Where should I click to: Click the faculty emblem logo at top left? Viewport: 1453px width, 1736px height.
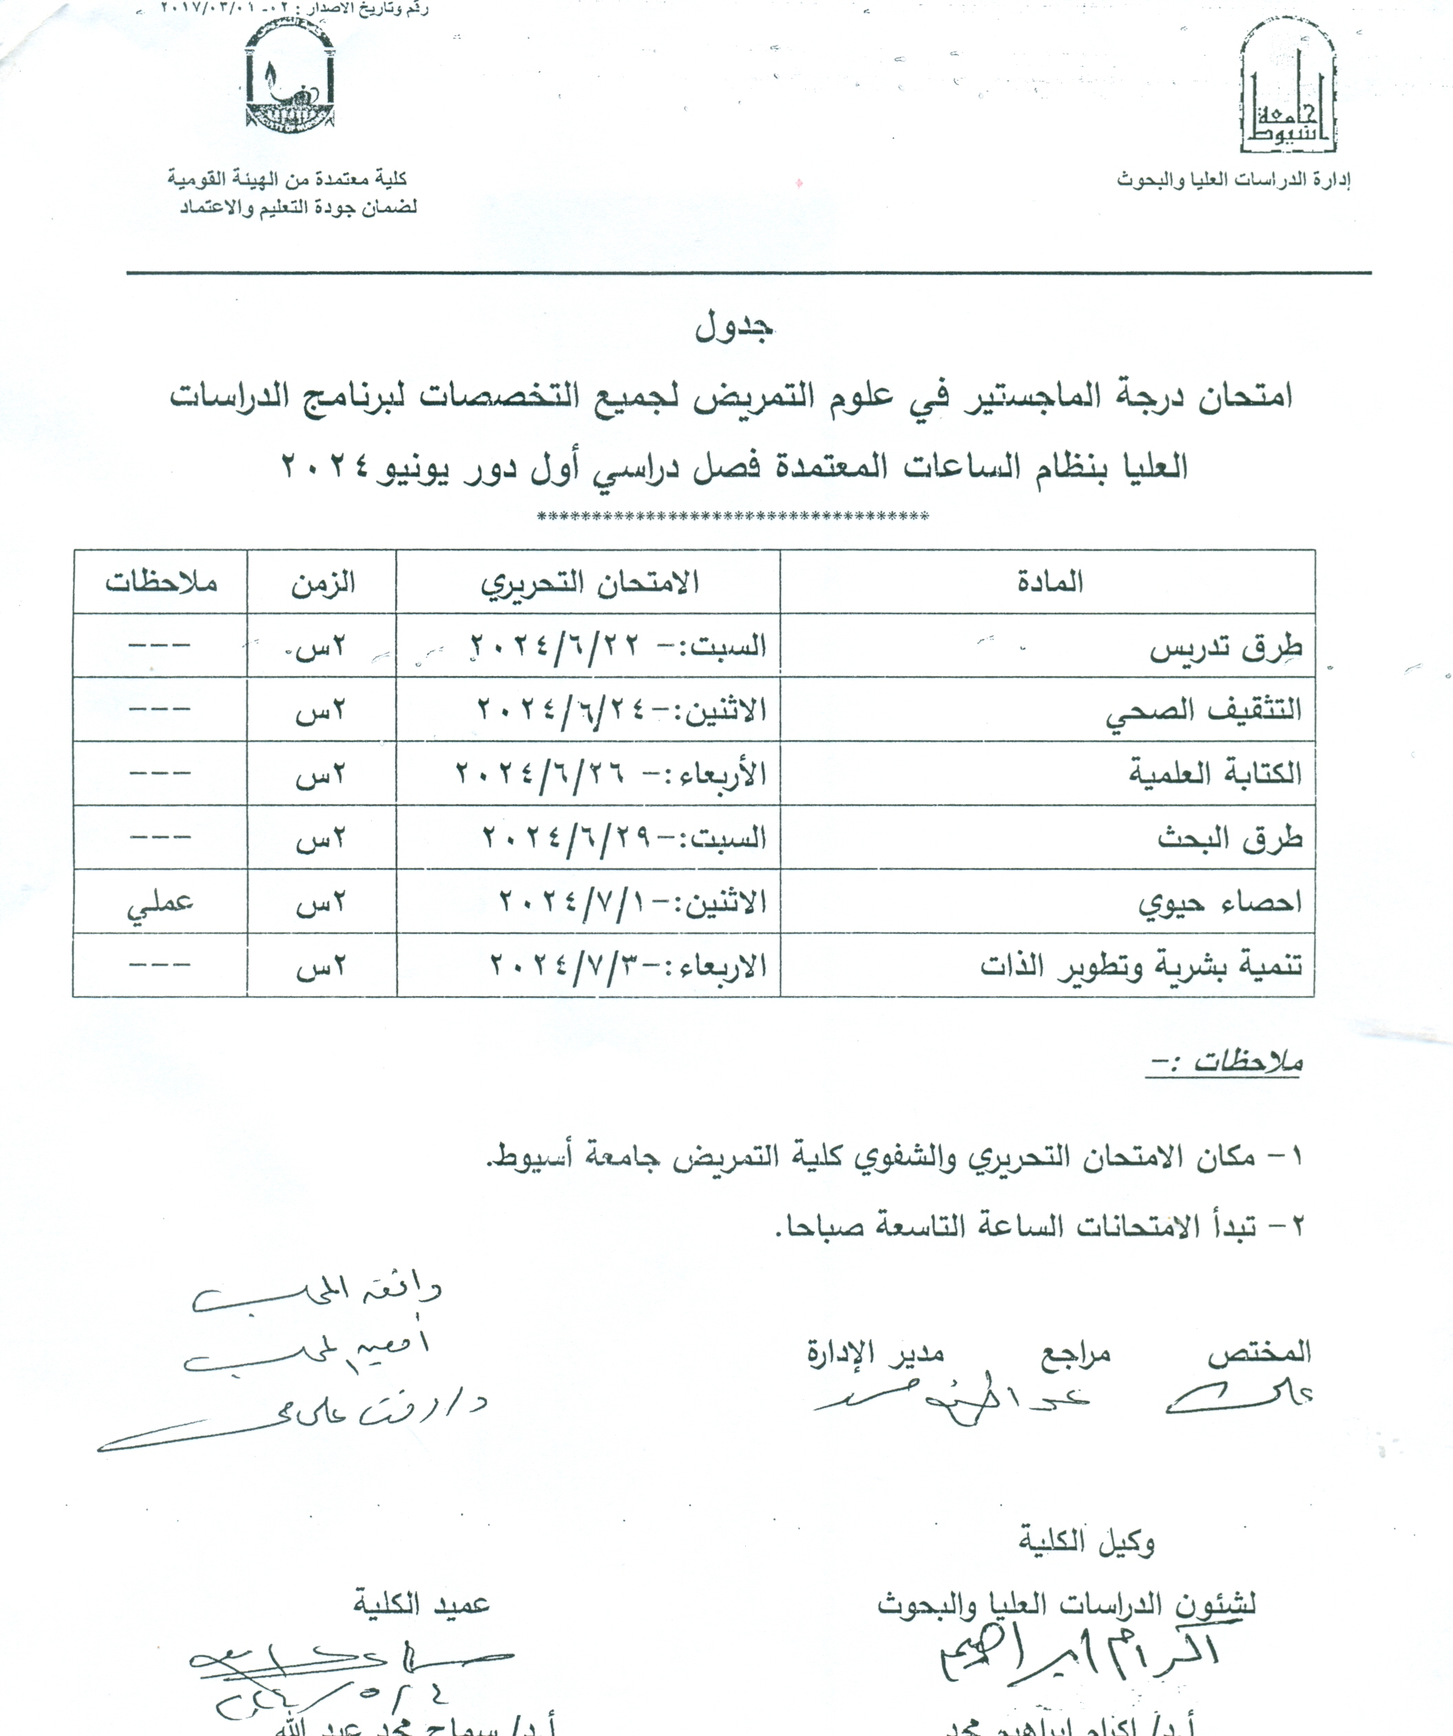point(290,75)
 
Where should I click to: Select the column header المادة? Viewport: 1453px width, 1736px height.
point(1049,582)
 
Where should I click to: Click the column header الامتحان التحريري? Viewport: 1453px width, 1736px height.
point(589,583)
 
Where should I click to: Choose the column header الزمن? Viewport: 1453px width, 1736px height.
point(322,583)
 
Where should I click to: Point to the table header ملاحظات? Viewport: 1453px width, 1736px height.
point(161,582)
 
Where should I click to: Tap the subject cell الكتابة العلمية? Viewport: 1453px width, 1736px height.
point(1215,775)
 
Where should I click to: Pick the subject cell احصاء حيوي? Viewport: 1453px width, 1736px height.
point(1220,902)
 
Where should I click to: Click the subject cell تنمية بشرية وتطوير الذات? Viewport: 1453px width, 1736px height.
point(1140,965)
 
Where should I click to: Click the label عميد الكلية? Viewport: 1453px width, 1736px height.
point(421,1603)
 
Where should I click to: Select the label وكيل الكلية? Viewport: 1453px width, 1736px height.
point(1085,1541)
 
